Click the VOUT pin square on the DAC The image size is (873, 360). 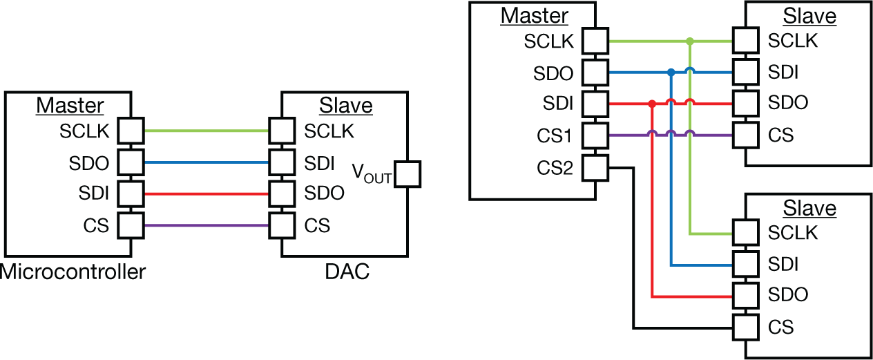tap(407, 173)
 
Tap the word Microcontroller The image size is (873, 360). tap(73, 272)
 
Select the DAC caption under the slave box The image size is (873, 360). tap(347, 272)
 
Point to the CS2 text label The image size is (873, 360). tap(555, 167)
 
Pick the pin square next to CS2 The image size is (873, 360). tap(595, 167)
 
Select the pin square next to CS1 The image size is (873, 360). tap(595, 135)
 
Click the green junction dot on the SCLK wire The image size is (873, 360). tap(689, 41)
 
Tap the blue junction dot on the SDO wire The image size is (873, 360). tap(671, 72)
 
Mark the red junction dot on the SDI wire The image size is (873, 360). tap(651, 104)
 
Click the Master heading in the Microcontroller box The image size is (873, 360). tap(70, 106)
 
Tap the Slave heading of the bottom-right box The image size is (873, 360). tap(811, 208)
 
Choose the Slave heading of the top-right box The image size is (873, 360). tap(811, 16)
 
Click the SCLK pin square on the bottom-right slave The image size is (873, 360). tap(746, 233)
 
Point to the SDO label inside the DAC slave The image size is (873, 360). tap(324, 194)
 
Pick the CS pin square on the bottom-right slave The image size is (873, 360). tap(746, 327)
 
